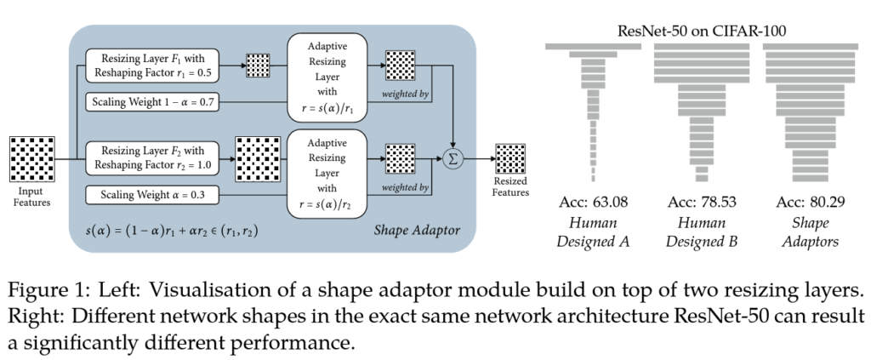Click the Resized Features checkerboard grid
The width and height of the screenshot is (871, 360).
[511, 159]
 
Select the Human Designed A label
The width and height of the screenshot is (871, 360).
[593, 231]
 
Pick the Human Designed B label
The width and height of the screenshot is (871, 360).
[701, 231]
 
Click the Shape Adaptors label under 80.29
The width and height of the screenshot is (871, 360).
[809, 231]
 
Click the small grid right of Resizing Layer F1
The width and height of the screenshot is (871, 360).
[256, 66]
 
